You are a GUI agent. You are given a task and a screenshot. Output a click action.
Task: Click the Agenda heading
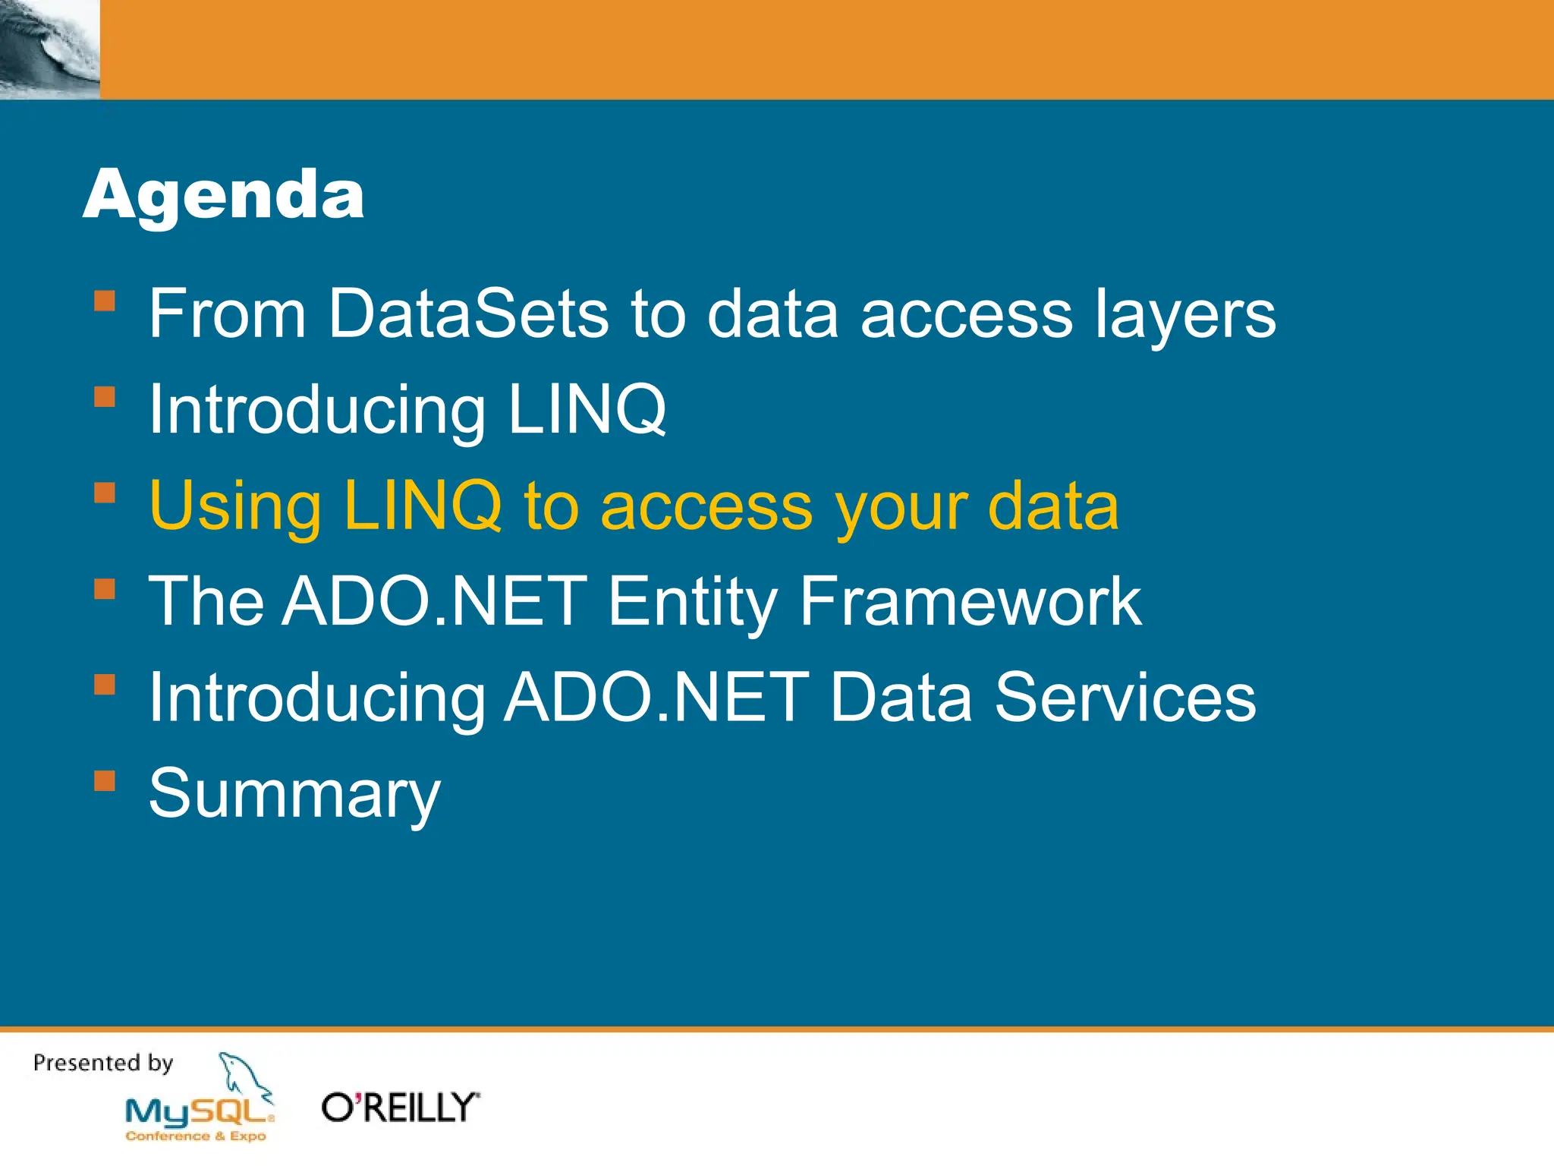223,195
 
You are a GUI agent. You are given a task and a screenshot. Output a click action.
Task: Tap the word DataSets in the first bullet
468,313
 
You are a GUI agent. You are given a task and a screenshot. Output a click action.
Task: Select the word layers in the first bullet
1185,314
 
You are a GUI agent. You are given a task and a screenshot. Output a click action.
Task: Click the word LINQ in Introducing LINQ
587,409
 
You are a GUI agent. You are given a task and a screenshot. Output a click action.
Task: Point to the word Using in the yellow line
235,506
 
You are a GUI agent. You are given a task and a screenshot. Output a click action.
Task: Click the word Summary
294,793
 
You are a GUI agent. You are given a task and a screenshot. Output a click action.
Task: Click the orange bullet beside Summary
105,781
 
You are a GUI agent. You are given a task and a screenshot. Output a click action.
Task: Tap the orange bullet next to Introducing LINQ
105,397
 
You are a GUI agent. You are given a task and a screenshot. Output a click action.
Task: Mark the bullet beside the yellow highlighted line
105,493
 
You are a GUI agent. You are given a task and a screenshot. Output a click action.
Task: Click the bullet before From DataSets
105,301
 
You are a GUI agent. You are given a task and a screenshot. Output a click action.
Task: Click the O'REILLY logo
400,1108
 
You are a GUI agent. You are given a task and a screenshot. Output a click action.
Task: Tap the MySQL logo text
197,1113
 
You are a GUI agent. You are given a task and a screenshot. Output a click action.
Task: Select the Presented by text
103,1063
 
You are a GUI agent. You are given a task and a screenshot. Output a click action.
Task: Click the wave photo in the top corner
49,49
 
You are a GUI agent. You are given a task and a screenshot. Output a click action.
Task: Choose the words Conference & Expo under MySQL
196,1136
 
